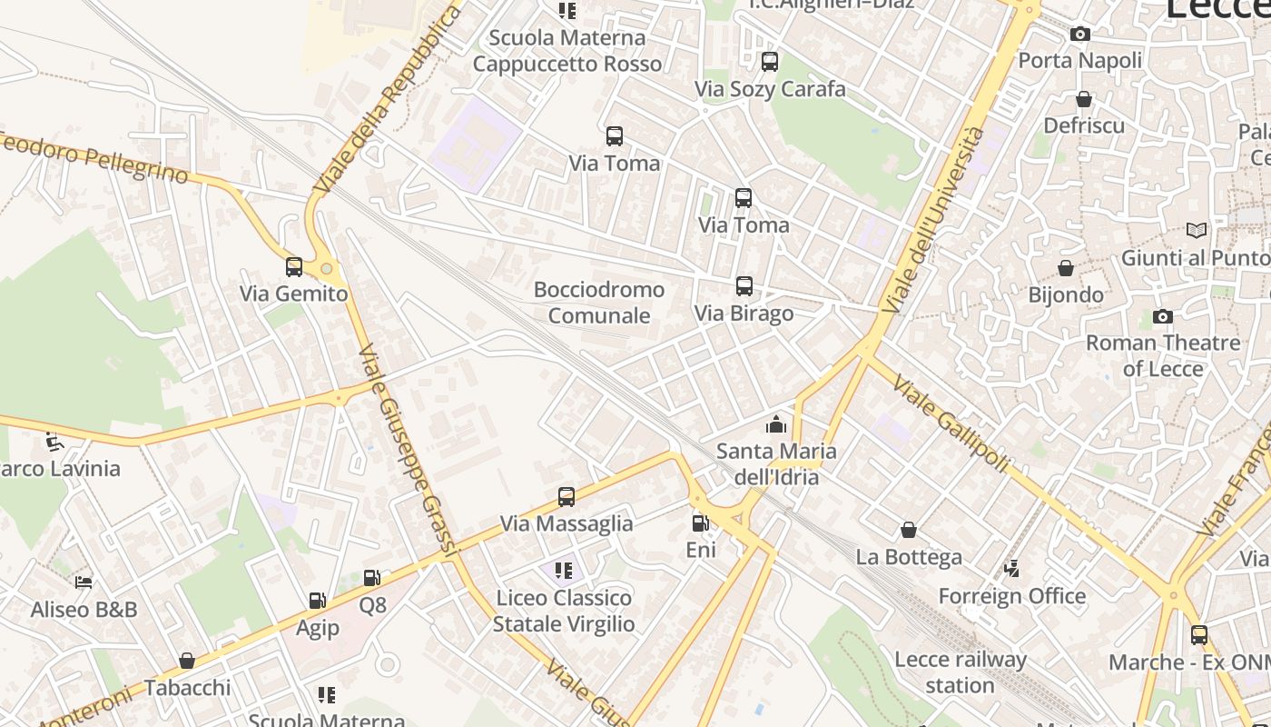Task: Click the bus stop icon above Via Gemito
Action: (293, 267)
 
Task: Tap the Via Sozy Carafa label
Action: (770, 89)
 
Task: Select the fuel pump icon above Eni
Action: (700, 523)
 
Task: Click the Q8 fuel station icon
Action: (371, 578)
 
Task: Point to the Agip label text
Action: (318, 628)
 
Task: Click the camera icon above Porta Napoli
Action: (1079, 35)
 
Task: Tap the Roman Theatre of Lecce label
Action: (1163, 355)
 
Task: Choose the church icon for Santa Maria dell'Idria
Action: (775, 424)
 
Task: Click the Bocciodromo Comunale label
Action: (599, 303)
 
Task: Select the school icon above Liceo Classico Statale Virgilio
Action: (564, 571)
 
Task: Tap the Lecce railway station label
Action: (960, 672)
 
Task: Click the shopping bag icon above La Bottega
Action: (909, 530)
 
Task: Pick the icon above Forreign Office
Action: (1011, 570)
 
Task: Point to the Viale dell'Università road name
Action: (933, 222)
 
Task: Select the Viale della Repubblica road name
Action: (388, 100)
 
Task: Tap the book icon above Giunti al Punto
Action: (1197, 231)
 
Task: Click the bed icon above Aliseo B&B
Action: (84, 583)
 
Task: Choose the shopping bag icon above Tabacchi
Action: (187, 661)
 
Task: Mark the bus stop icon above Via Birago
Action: (744, 286)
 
